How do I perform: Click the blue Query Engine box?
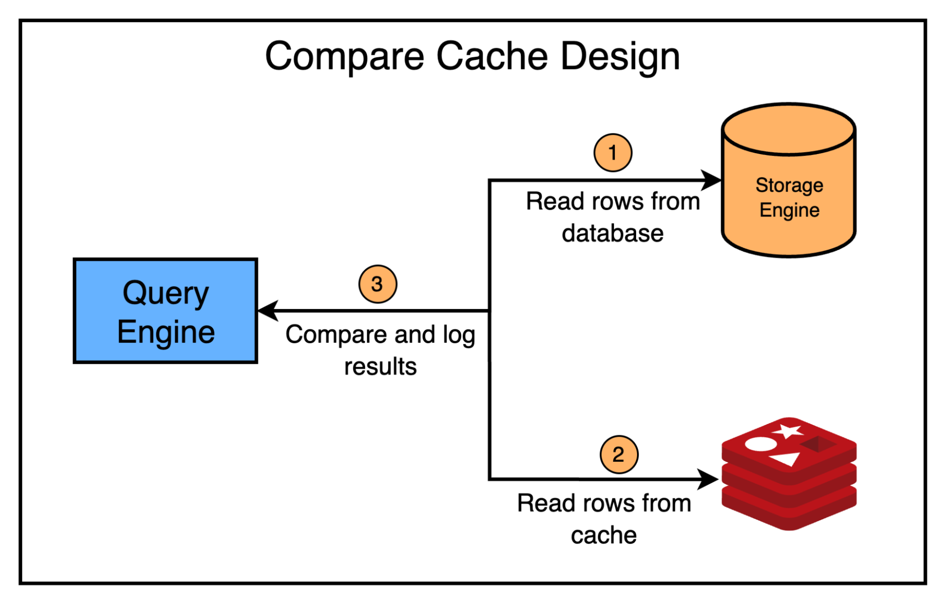coord(165,311)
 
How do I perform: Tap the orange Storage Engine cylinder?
coord(789,198)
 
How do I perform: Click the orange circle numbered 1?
coord(612,153)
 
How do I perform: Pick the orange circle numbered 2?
coord(619,454)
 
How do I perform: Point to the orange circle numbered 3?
coord(377,284)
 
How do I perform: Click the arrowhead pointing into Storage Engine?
coord(711,180)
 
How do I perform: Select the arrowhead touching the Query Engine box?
coord(268,311)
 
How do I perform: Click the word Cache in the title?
coord(492,56)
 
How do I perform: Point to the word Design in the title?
coord(620,56)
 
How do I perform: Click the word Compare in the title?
coord(345,56)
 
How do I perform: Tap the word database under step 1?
coord(612,233)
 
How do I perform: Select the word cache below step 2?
coord(604,535)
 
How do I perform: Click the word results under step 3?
coord(380,367)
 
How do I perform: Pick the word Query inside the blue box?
coord(165,293)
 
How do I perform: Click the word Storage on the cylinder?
coord(789,185)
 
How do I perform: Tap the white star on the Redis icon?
coord(788,431)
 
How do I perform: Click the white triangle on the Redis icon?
coord(785,458)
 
